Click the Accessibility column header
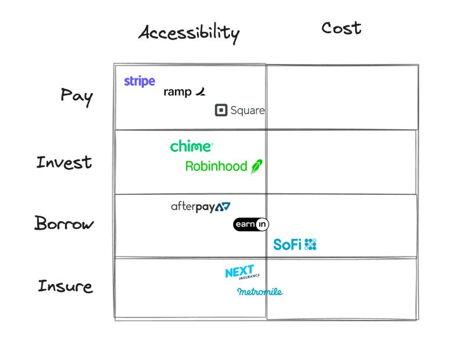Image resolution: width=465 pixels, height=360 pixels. (188, 33)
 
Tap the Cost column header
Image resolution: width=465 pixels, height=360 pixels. (341, 28)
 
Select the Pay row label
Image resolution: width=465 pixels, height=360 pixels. (77, 96)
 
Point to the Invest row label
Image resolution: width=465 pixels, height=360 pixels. (64, 162)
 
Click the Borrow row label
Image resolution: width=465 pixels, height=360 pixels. (63, 223)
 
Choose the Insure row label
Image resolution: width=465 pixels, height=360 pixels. (65, 286)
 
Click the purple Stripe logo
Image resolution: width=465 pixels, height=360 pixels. (139, 81)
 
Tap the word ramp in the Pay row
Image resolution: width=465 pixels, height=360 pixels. (177, 92)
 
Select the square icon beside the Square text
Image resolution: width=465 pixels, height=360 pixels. (221, 110)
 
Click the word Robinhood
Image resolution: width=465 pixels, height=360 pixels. (216, 166)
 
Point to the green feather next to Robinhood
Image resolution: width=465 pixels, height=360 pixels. (256, 166)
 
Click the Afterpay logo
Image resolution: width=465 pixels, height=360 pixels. (201, 206)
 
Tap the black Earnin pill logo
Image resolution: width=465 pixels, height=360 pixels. (251, 224)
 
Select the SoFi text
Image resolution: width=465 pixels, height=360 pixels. (287, 245)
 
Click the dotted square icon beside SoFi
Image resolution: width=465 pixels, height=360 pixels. (310, 244)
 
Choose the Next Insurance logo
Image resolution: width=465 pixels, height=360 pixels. (241, 273)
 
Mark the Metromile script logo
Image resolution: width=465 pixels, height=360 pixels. (260, 291)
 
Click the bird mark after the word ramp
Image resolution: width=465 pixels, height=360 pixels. (200, 91)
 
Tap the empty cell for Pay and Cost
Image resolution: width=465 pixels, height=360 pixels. (342, 97)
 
